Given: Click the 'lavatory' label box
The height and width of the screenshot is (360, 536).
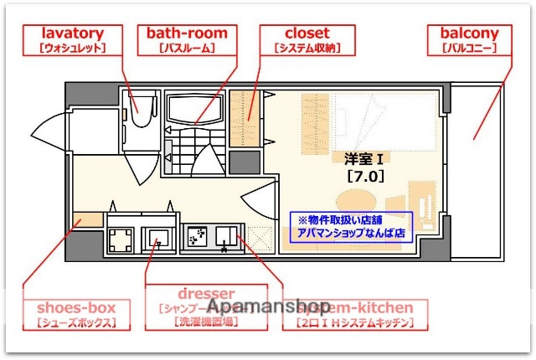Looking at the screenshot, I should (x=72, y=40).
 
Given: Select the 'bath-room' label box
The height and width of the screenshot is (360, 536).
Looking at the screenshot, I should (x=187, y=40).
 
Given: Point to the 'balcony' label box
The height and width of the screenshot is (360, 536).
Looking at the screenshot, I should (x=468, y=40).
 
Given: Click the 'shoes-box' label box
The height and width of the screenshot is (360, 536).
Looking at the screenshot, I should (x=76, y=313).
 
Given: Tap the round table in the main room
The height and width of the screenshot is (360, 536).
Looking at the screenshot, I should (x=356, y=202).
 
